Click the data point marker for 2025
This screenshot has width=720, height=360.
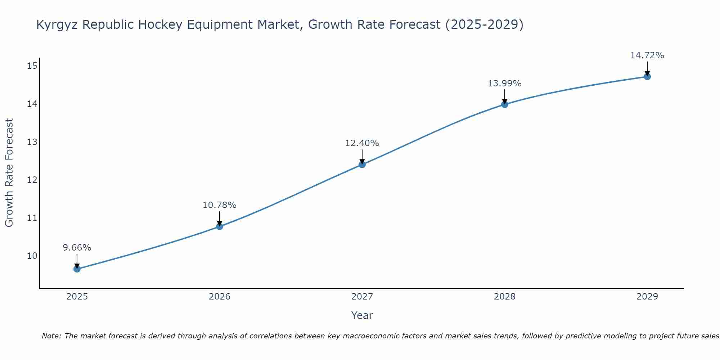click(77, 269)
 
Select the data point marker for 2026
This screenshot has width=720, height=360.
click(220, 226)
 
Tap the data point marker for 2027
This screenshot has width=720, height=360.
click(362, 165)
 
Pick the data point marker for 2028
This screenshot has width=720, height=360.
click(505, 104)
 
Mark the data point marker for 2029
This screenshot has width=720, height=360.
click(647, 77)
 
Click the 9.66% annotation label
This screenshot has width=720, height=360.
click(77, 248)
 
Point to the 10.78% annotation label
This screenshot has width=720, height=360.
click(220, 205)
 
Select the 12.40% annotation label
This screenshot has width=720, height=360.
click(362, 143)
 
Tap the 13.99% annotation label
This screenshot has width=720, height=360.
click(505, 84)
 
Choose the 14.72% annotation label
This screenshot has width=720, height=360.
click(647, 55)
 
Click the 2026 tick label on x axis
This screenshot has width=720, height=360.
click(220, 297)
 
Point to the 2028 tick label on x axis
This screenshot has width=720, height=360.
click(505, 297)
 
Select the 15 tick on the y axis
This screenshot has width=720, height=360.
click(32, 66)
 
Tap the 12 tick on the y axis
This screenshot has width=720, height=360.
click(32, 180)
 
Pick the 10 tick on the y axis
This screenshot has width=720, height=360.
click(32, 256)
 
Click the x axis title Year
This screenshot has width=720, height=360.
click(362, 315)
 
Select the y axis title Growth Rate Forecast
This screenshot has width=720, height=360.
click(9, 173)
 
